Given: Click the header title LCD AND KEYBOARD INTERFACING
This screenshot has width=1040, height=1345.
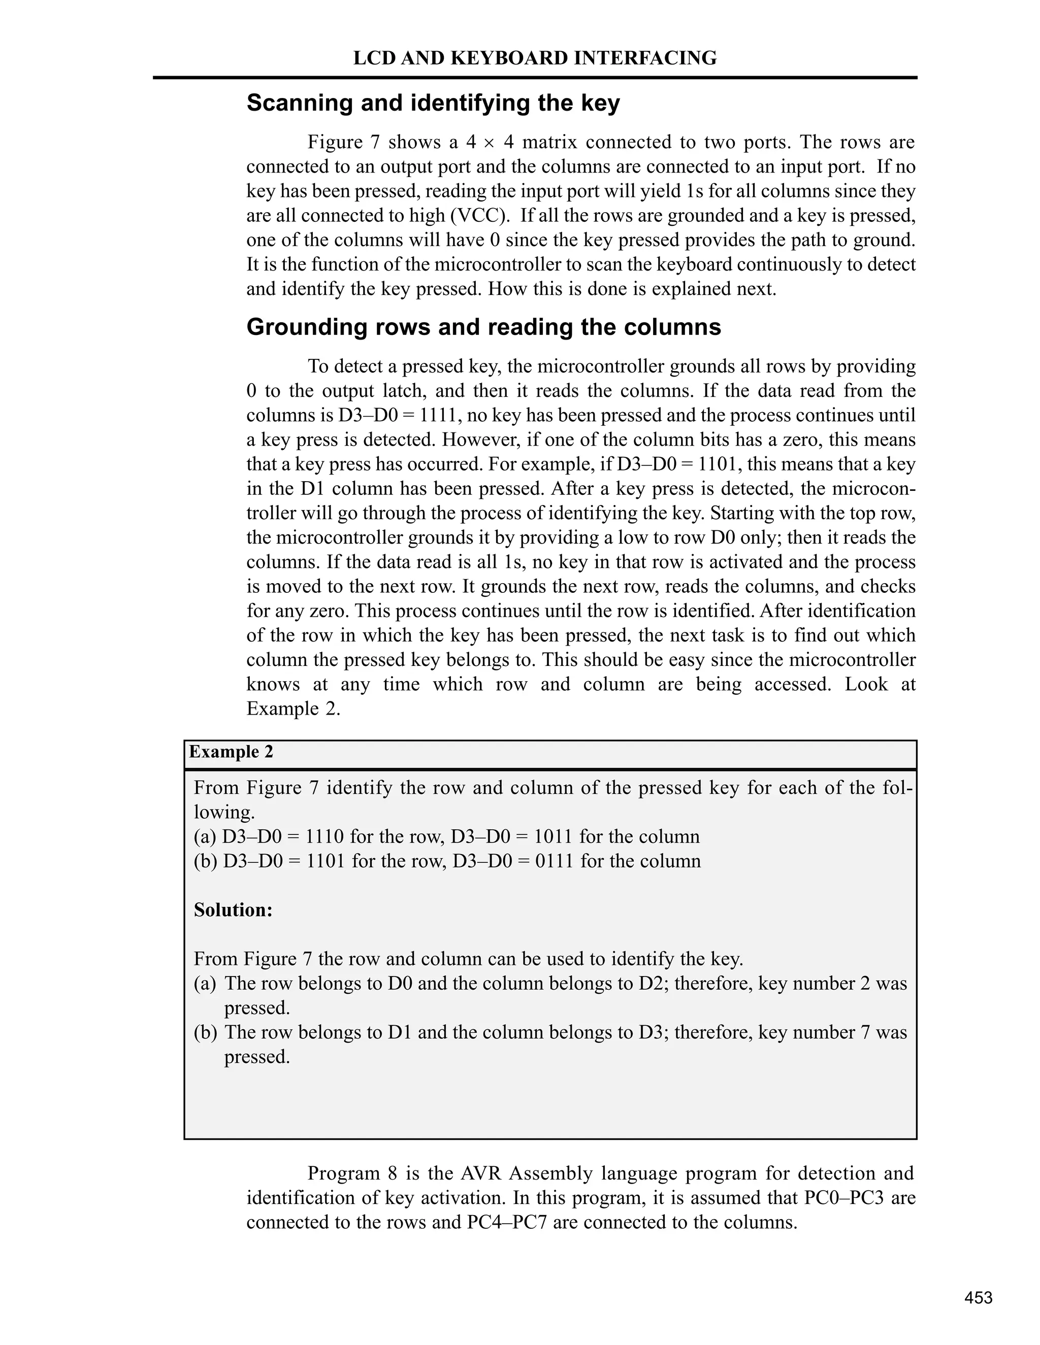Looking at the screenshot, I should click(x=535, y=58).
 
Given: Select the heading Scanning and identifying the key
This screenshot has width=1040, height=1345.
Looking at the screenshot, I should click(x=433, y=103).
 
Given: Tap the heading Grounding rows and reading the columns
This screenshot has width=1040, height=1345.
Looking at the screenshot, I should click(x=483, y=327).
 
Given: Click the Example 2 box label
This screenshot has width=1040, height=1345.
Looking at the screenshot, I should click(x=231, y=752).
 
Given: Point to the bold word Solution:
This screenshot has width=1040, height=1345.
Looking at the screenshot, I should click(x=233, y=910).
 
